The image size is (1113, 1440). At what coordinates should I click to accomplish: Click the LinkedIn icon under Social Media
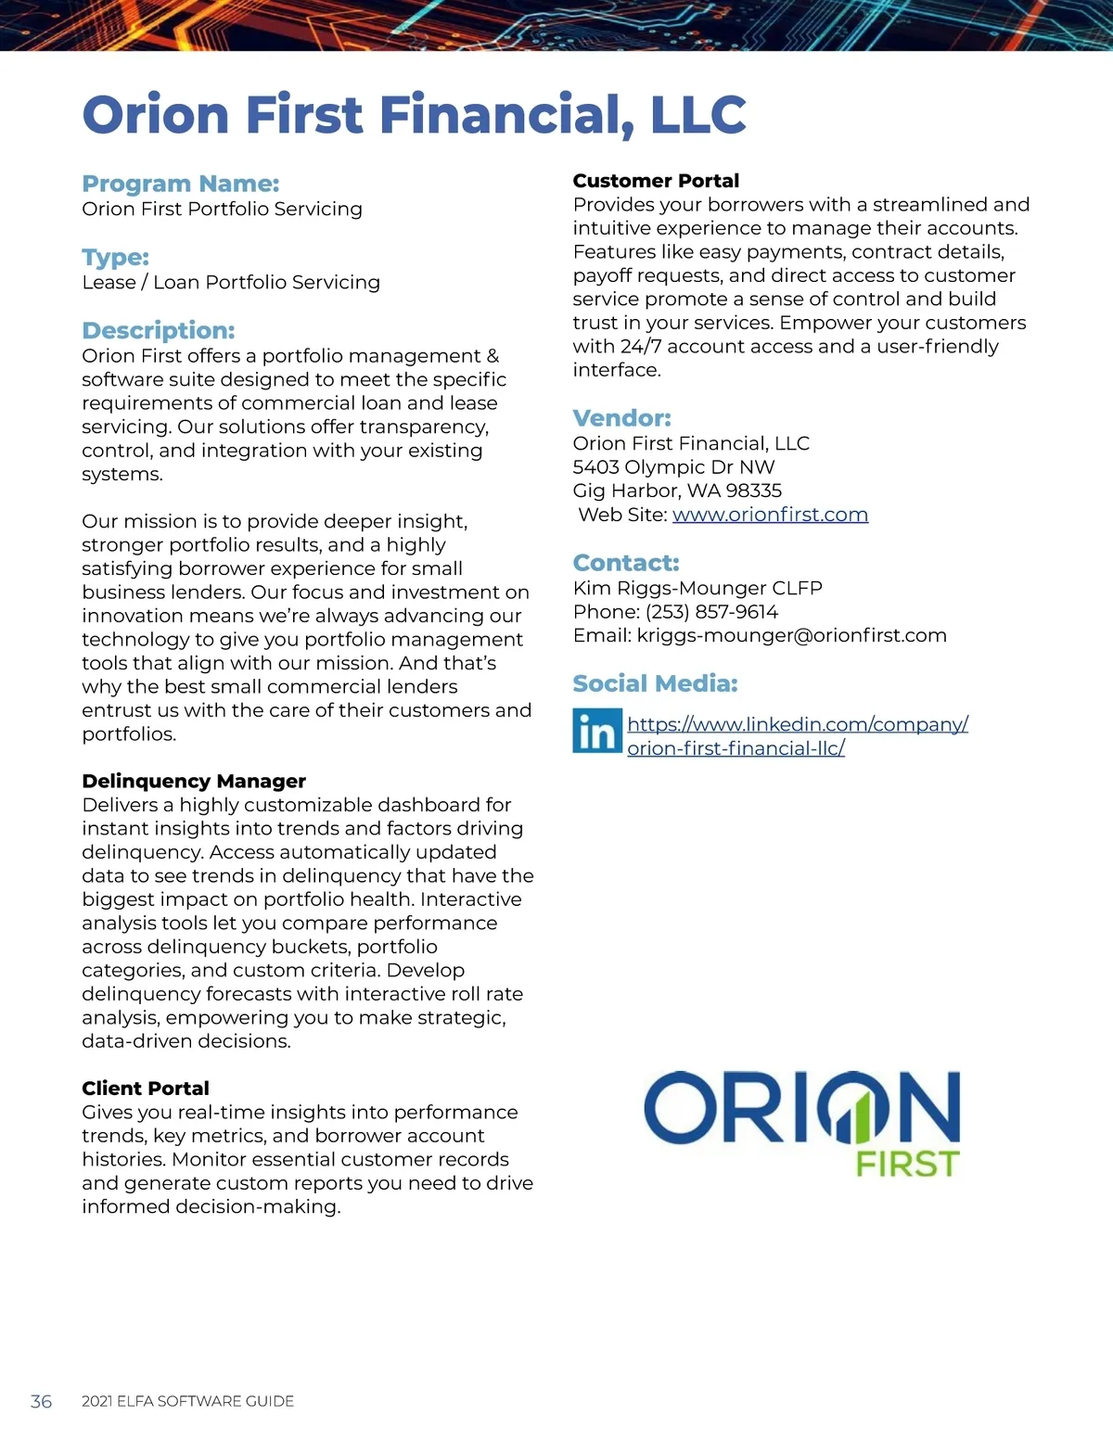596,732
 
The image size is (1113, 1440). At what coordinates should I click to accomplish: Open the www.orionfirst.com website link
770,515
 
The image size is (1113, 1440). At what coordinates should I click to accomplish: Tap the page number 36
41,1401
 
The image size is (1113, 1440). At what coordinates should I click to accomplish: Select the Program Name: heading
180,184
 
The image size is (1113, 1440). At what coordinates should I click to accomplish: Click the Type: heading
115,257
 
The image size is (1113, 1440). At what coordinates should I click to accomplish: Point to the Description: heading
158,330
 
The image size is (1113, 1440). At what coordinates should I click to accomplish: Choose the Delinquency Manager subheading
193,781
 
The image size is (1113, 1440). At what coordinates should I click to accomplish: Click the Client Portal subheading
145,1088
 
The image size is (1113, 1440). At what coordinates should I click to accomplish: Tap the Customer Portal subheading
656,181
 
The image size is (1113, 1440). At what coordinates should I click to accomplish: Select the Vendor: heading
621,417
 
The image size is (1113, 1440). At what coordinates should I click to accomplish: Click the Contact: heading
625,563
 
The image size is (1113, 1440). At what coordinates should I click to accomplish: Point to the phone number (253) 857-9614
711,612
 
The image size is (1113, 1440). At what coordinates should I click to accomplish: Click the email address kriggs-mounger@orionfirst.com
791,636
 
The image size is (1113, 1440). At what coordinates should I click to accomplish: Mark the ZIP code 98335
754,491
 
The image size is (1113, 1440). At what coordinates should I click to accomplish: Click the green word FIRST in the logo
907,1164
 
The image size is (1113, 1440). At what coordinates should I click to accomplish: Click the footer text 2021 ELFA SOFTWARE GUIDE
187,1401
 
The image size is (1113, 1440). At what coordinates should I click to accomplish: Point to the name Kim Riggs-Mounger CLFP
697,588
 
